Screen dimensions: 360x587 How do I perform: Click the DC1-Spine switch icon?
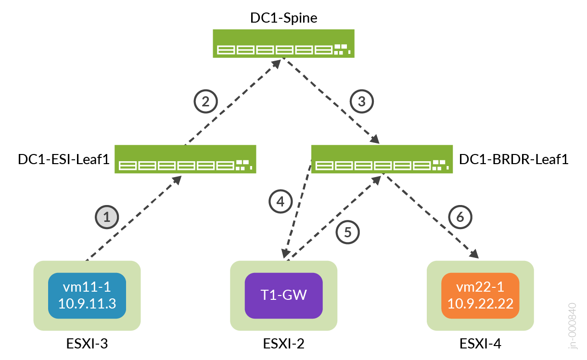tap(284, 44)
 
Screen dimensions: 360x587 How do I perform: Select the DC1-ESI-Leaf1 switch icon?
tap(185, 159)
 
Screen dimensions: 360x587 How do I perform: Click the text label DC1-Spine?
tap(284, 18)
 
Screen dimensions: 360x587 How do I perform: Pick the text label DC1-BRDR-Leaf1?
tap(514, 159)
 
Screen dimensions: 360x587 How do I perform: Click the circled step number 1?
tap(107, 217)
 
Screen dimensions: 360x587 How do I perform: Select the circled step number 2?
tap(205, 101)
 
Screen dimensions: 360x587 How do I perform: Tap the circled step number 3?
tap(362, 101)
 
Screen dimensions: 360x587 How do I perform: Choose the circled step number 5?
tap(348, 232)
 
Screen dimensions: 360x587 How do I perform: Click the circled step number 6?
tap(460, 217)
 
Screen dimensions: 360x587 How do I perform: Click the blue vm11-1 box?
tap(87, 296)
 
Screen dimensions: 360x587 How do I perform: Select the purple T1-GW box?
tap(284, 296)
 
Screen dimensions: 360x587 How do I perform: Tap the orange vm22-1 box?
tap(480, 296)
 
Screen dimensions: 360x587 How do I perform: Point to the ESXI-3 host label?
tap(87, 344)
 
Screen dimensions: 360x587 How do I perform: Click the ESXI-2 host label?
tap(284, 344)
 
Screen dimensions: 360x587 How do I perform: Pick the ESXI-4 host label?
tap(480, 344)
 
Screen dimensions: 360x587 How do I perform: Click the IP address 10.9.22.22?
tap(480, 304)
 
